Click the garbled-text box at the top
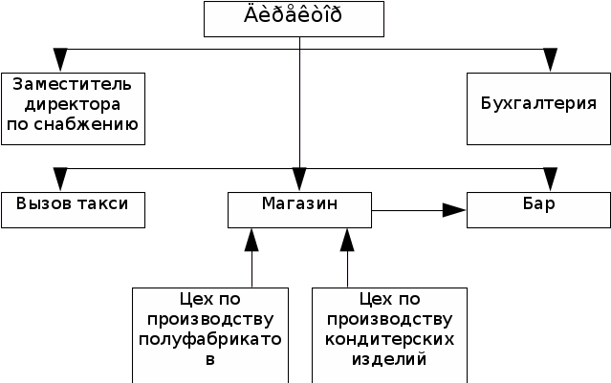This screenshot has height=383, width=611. pos(295,18)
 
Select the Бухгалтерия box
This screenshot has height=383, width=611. pos(538,108)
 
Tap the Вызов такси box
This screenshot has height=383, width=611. pos(73,209)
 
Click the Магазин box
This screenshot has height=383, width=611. pos(299,209)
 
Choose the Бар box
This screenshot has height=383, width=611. pos(538,209)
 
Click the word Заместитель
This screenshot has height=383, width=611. pos(73,84)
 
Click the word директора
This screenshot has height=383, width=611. pos(73,103)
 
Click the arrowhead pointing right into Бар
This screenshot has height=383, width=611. pos(454,210)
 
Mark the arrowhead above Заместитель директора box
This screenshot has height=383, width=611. pos(60,60)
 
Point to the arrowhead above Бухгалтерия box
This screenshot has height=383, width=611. pos(550,60)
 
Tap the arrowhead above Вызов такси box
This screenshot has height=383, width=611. pos(60,180)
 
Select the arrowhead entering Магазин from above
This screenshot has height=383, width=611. pos(299,180)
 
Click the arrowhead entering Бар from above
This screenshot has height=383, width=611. pos(550,180)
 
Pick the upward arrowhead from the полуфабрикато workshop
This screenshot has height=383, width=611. pos(251,240)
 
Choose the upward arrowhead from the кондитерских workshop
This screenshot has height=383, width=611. pos(347,240)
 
